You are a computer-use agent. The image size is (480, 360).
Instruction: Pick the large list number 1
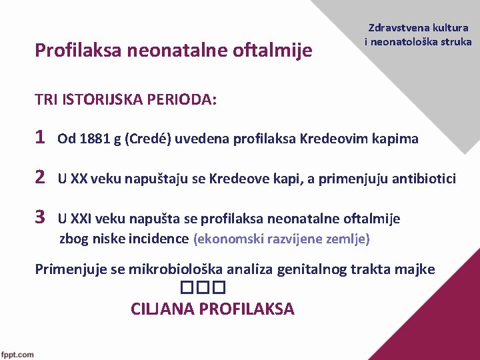(40, 137)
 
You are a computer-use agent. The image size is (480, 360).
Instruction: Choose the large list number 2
(40, 177)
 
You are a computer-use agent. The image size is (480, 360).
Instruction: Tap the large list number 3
(40, 217)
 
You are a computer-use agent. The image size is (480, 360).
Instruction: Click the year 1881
(93, 139)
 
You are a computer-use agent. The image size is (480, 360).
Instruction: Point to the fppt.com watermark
(18, 354)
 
